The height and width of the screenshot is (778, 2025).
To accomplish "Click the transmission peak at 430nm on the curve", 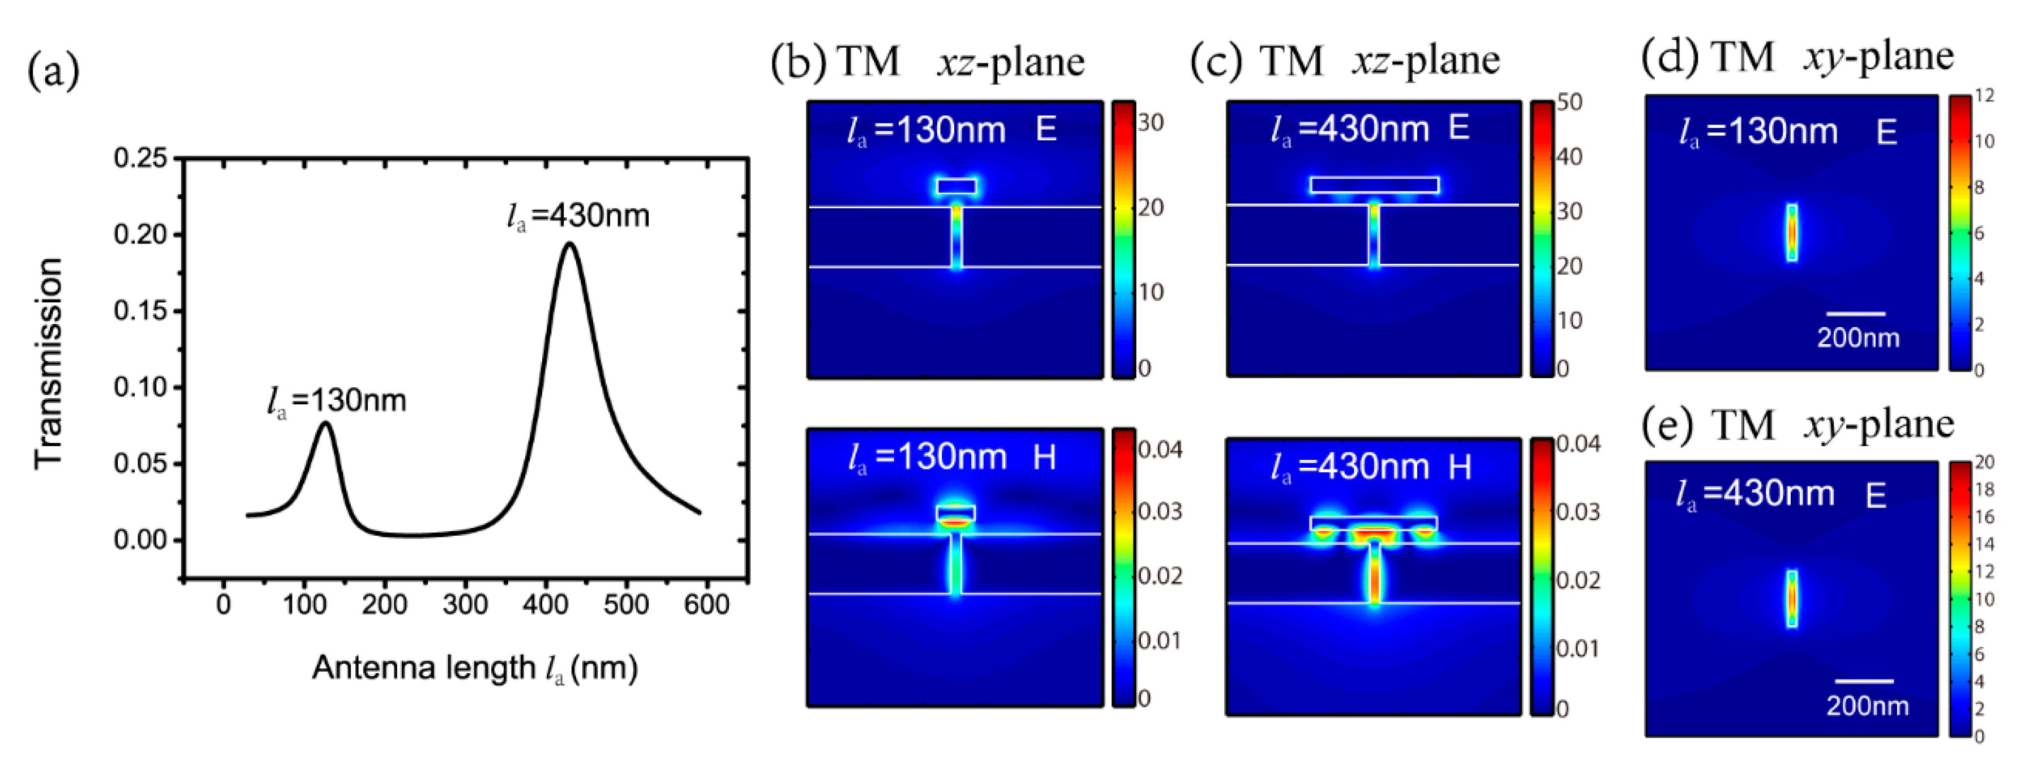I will point(569,244).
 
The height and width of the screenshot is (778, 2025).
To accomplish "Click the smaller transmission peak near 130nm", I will point(325,424).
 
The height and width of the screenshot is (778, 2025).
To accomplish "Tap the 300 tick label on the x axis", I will point(465,605).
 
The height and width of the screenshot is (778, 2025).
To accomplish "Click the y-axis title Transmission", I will point(49,364).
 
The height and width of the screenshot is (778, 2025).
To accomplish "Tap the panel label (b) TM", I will point(835,61).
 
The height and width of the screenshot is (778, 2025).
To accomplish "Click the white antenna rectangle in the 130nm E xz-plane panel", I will point(956,186).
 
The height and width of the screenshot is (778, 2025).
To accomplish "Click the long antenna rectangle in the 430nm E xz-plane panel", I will point(1374,185).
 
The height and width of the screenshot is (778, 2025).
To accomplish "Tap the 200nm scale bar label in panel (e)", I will point(1867,706).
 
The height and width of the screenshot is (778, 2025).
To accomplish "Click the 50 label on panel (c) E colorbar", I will point(1569,102).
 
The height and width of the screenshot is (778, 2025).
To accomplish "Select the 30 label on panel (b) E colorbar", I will point(1151,123).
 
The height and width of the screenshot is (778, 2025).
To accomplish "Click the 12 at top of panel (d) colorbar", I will point(1984,96).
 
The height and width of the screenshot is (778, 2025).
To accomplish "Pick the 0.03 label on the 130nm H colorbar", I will point(1160,512).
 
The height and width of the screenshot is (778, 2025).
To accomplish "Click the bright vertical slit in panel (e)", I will point(1791,598).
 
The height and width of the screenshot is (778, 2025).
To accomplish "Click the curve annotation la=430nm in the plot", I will point(578,216).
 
